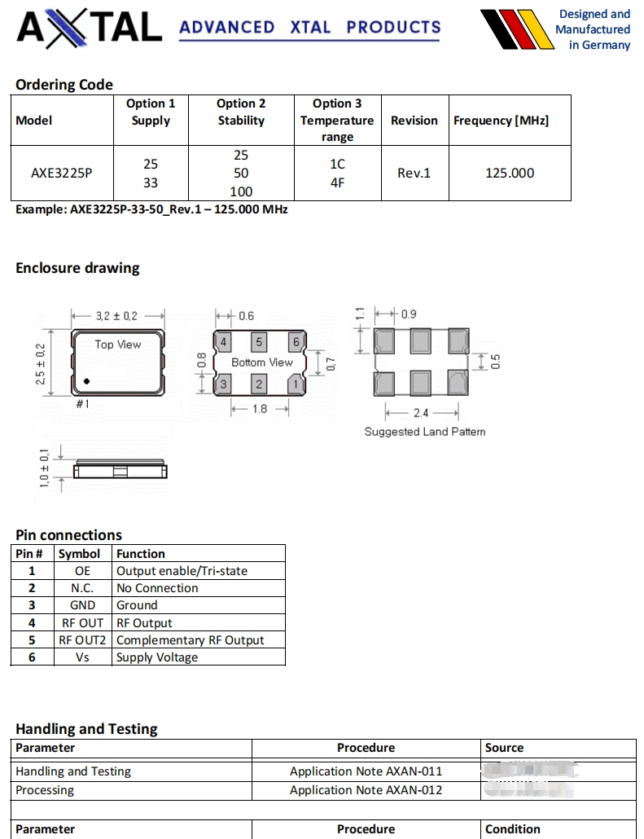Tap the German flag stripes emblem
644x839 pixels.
516,30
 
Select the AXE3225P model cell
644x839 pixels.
62,173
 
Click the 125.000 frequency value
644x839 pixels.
510,173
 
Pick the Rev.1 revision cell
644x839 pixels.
414,173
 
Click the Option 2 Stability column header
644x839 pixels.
241,112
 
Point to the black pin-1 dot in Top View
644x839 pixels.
85,381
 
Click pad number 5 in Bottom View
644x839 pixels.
259,342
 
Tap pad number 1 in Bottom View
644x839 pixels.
296,383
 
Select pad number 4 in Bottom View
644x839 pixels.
223,342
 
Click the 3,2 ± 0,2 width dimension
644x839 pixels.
117,315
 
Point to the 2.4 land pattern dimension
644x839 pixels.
420,413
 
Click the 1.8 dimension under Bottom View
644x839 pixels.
259,409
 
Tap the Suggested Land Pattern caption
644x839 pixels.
424,432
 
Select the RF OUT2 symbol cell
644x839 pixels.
82,640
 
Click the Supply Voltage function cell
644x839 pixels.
157,657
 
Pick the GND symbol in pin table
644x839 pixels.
82,605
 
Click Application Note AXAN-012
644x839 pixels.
366,790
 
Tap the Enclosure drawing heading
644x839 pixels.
77,268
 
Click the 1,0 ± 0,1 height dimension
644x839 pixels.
44,468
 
